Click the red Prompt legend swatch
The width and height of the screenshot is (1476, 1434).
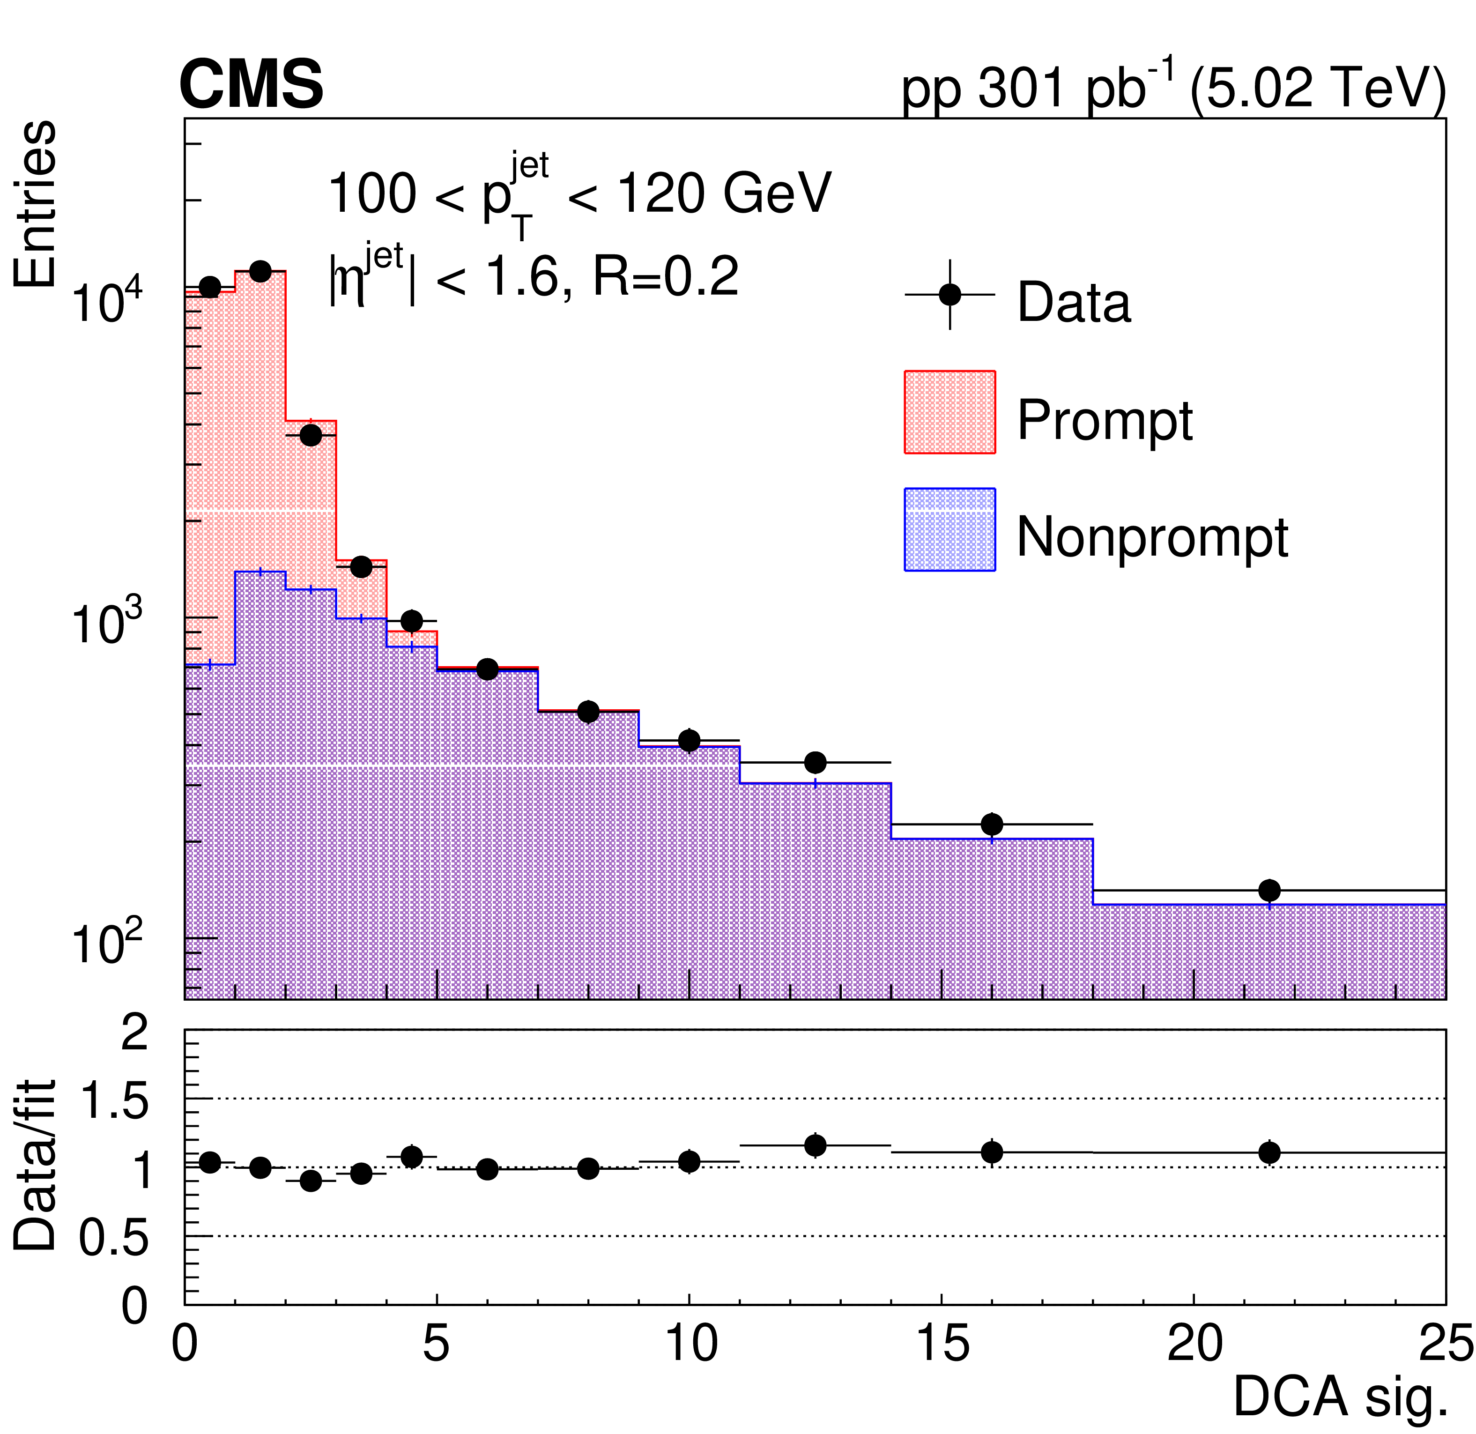coord(949,412)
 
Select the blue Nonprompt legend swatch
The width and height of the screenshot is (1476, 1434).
coord(949,529)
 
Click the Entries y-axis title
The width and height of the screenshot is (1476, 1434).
coord(35,204)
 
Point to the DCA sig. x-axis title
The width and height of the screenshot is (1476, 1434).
coord(1341,1397)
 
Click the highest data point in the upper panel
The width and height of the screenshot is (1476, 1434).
coord(260,272)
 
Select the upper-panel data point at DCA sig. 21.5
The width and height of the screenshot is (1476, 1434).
coord(1270,890)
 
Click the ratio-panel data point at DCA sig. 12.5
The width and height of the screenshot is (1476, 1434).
coord(815,1145)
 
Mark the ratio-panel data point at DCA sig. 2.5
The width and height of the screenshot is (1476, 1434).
coord(310,1181)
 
